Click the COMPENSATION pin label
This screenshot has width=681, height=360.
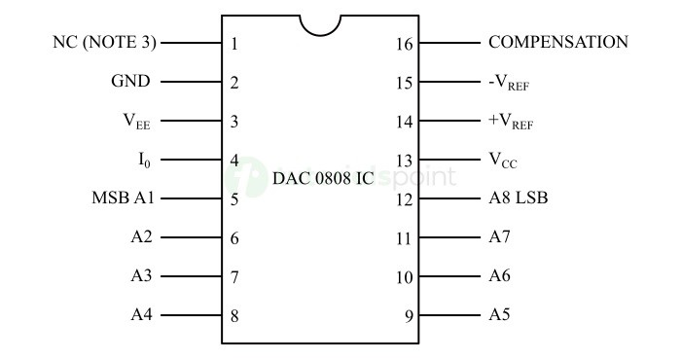pyautogui.click(x=557, y=43)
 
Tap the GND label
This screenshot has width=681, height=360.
pyautogui.click(x=130, y=82)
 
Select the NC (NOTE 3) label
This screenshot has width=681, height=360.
pyautogui.click(x=104, y=43)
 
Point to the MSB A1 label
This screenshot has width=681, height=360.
pyautogui.click(x=124, y=198)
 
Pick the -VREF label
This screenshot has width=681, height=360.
pyautogui.click(x=509, y=83)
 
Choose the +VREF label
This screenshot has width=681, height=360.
pyautogui.click(x=511, y=122)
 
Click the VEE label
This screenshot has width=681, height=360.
pyautogui.click(x=136, y=122)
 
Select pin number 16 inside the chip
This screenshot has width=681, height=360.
pyautogui.click(x=405, y=44)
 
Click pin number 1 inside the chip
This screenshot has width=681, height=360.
pyautogui.click(x=234, y=44)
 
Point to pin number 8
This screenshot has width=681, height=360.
pyautogui.click(x=234, y=316)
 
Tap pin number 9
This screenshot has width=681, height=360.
pyautogui.click(x=409, y=316)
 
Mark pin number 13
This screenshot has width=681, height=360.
pyautogui.click(x=405, y=161)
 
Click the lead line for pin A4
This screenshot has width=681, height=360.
pyautogui.click(x=191, y=315)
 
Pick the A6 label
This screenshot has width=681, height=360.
pyautogui.click(x=499, y=276)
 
